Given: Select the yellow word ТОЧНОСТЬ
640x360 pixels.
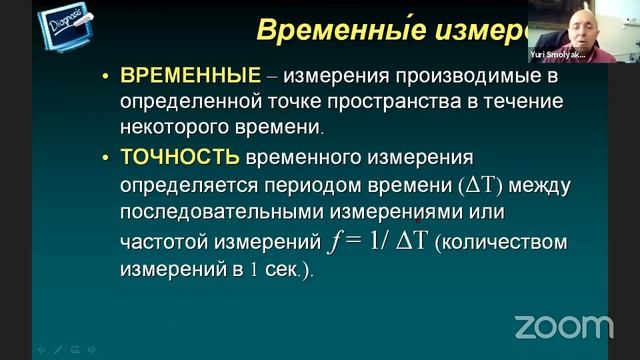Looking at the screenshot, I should pyautogui.click(x=180, y=157).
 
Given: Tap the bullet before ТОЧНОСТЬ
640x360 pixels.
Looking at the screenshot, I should pyautogui.click(x=106, y=158).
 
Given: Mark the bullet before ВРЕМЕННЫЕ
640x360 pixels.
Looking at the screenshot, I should pyautogui.click(x=106, y=76).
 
